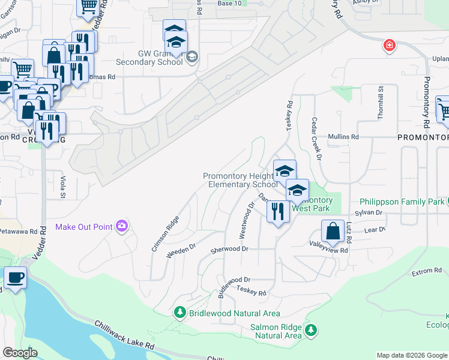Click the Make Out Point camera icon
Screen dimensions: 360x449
point(122,226)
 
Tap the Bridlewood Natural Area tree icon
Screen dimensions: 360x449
point(179,313)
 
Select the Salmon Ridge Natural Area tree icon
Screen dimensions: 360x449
point(310,330)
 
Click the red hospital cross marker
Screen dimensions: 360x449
point(390,45)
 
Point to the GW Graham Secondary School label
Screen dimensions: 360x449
point(160,58)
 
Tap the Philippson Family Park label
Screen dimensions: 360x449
point(402,202)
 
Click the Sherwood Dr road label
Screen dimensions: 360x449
point(229,249)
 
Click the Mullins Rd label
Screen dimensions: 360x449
point(343,137)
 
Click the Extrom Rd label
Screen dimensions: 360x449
point(427,272)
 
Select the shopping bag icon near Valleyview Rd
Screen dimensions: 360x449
point(333,232)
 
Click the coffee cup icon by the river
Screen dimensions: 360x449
point(15,278)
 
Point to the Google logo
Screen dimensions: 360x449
point(20,353)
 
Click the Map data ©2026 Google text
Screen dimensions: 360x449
point(411,355)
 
